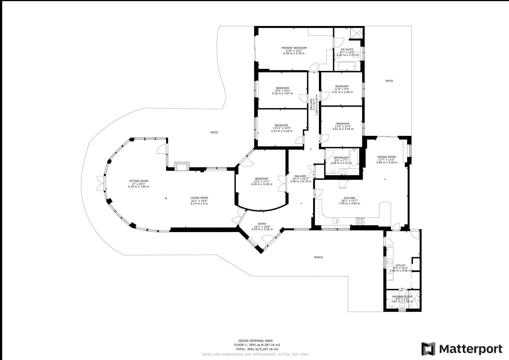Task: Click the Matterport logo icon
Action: [x=428, y=349]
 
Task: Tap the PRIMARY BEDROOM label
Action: [x=294, y=48]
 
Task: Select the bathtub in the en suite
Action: [x=347, y=66]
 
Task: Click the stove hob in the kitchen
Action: [x=360, y=220]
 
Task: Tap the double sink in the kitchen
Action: [x=336, y=221]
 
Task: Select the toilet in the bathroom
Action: [x=332, y=170]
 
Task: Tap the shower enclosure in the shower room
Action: [x=415, y=301]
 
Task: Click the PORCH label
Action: [x=318, y=257]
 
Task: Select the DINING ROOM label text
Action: [x=386, y=157]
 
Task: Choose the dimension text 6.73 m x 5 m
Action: [x=199, y=203]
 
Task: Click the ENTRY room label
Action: [x=262, y=224]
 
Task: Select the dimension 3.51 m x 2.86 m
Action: [x=342, y=92]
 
